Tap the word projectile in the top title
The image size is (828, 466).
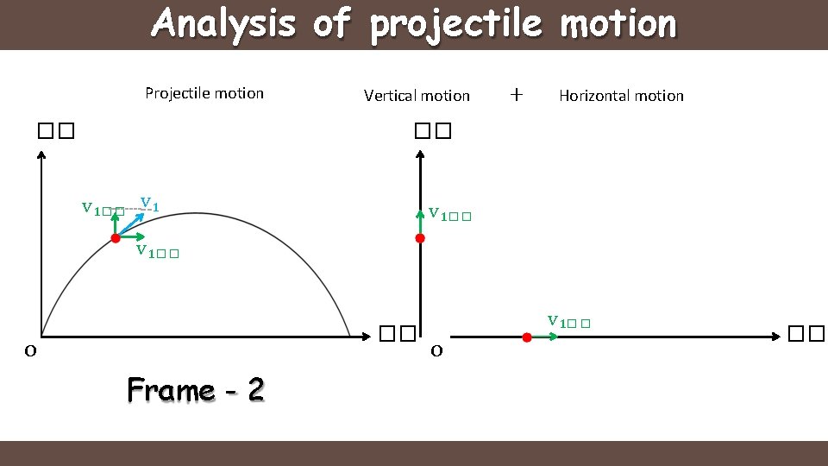tap(456, 24)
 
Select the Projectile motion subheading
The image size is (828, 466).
tap(204, 93)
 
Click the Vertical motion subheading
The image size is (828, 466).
tap(417, 96)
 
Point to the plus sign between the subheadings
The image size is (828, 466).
tap(516, 94)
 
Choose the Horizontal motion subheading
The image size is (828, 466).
tap(621, 96)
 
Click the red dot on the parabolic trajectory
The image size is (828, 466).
tap(116, 238)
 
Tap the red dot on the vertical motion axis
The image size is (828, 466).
tap(420, 238)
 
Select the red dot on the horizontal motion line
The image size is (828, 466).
tap(527, 337)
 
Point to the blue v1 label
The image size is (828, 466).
tap(149, 205)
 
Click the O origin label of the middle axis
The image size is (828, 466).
tap(437, 350)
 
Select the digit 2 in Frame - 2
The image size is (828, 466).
tap(255, 391)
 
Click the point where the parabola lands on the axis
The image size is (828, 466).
tap(349, 336)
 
